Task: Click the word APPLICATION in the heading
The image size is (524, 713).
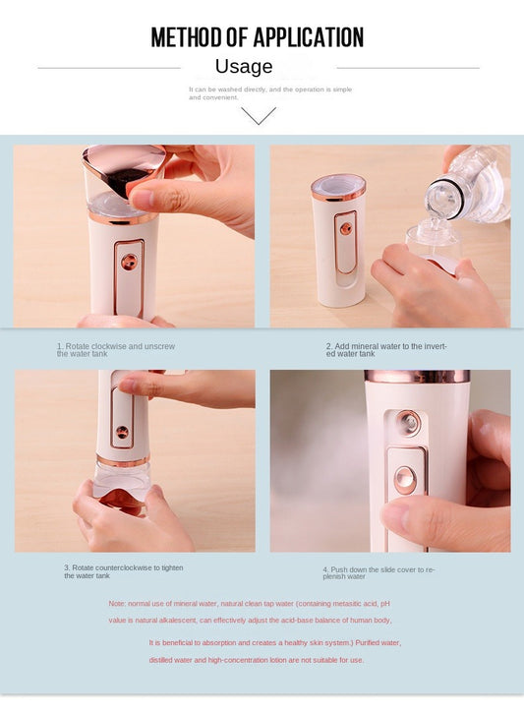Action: point(309,37)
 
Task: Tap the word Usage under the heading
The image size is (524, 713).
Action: point(244,67)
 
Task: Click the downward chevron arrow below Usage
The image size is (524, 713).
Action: point(259,115)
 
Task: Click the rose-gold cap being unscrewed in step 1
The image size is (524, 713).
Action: point(124,170)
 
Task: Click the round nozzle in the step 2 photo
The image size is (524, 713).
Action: point(346,228)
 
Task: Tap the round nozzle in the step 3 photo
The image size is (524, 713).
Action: point(122,432)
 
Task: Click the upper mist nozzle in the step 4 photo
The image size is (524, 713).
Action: point(407,423)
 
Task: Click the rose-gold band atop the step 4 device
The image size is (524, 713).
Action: point(417,377)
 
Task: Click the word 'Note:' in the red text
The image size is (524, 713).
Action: point(117,604)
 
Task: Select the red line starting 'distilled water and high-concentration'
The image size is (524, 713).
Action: point(257,660)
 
